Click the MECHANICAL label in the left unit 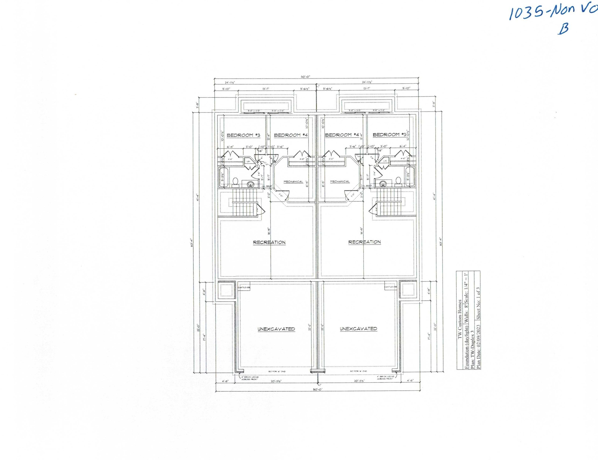coord(293,182)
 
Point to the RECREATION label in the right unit coord(364,242)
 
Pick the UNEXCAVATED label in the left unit coord(276,329)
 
